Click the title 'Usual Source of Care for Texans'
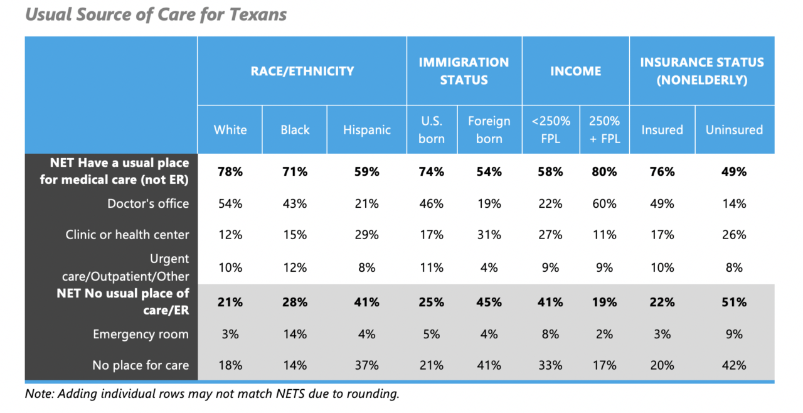pos(156,14)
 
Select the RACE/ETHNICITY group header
pos(302,71)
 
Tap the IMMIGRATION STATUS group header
pos(464,71)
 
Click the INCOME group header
pos(576,71)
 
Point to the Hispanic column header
pos(367,130)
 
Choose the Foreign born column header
pos(489,130)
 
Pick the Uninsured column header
pos(734,130)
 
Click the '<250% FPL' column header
pos(551,130)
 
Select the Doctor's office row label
pos(148,203)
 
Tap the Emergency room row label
pos(141,334)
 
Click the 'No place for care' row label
pos(141,365)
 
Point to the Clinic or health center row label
pos(127,235)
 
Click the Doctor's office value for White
pos(230,203)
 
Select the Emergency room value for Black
pos(295,334)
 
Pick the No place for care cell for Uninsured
pos(734,365)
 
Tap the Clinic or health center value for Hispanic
pos(367,235)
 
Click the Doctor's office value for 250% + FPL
pos(604,203)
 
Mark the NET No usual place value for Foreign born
pos(489,303)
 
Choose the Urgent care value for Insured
pos(662,267)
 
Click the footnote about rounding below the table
pos(212,394)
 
